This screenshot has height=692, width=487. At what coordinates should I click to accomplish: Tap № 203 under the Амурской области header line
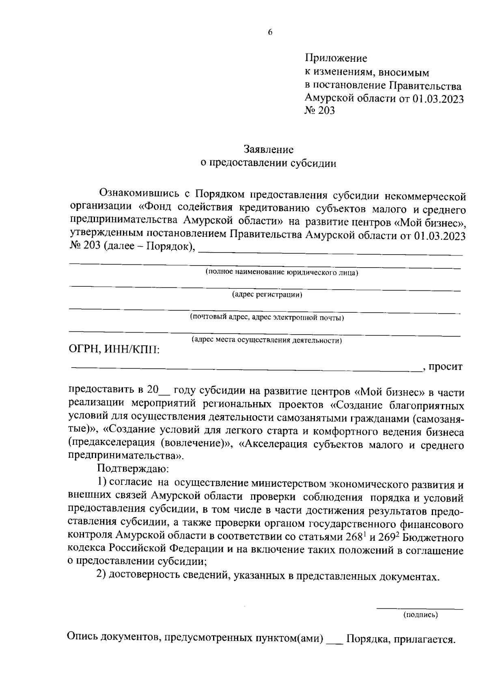[x=319, y=110]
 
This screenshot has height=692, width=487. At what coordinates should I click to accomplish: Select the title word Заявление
[x=269, y=150]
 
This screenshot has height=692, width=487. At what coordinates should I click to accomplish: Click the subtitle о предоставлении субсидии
[x=269, y=163]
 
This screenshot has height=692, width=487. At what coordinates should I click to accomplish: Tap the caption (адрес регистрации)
[x=267, y=295]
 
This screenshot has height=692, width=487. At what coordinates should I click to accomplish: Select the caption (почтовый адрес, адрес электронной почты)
[x=267, y=317]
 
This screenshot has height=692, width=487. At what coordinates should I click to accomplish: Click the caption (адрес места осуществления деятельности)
[x=267, y=340]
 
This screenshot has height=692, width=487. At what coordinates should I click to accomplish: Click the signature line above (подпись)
[x=420, y=608]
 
